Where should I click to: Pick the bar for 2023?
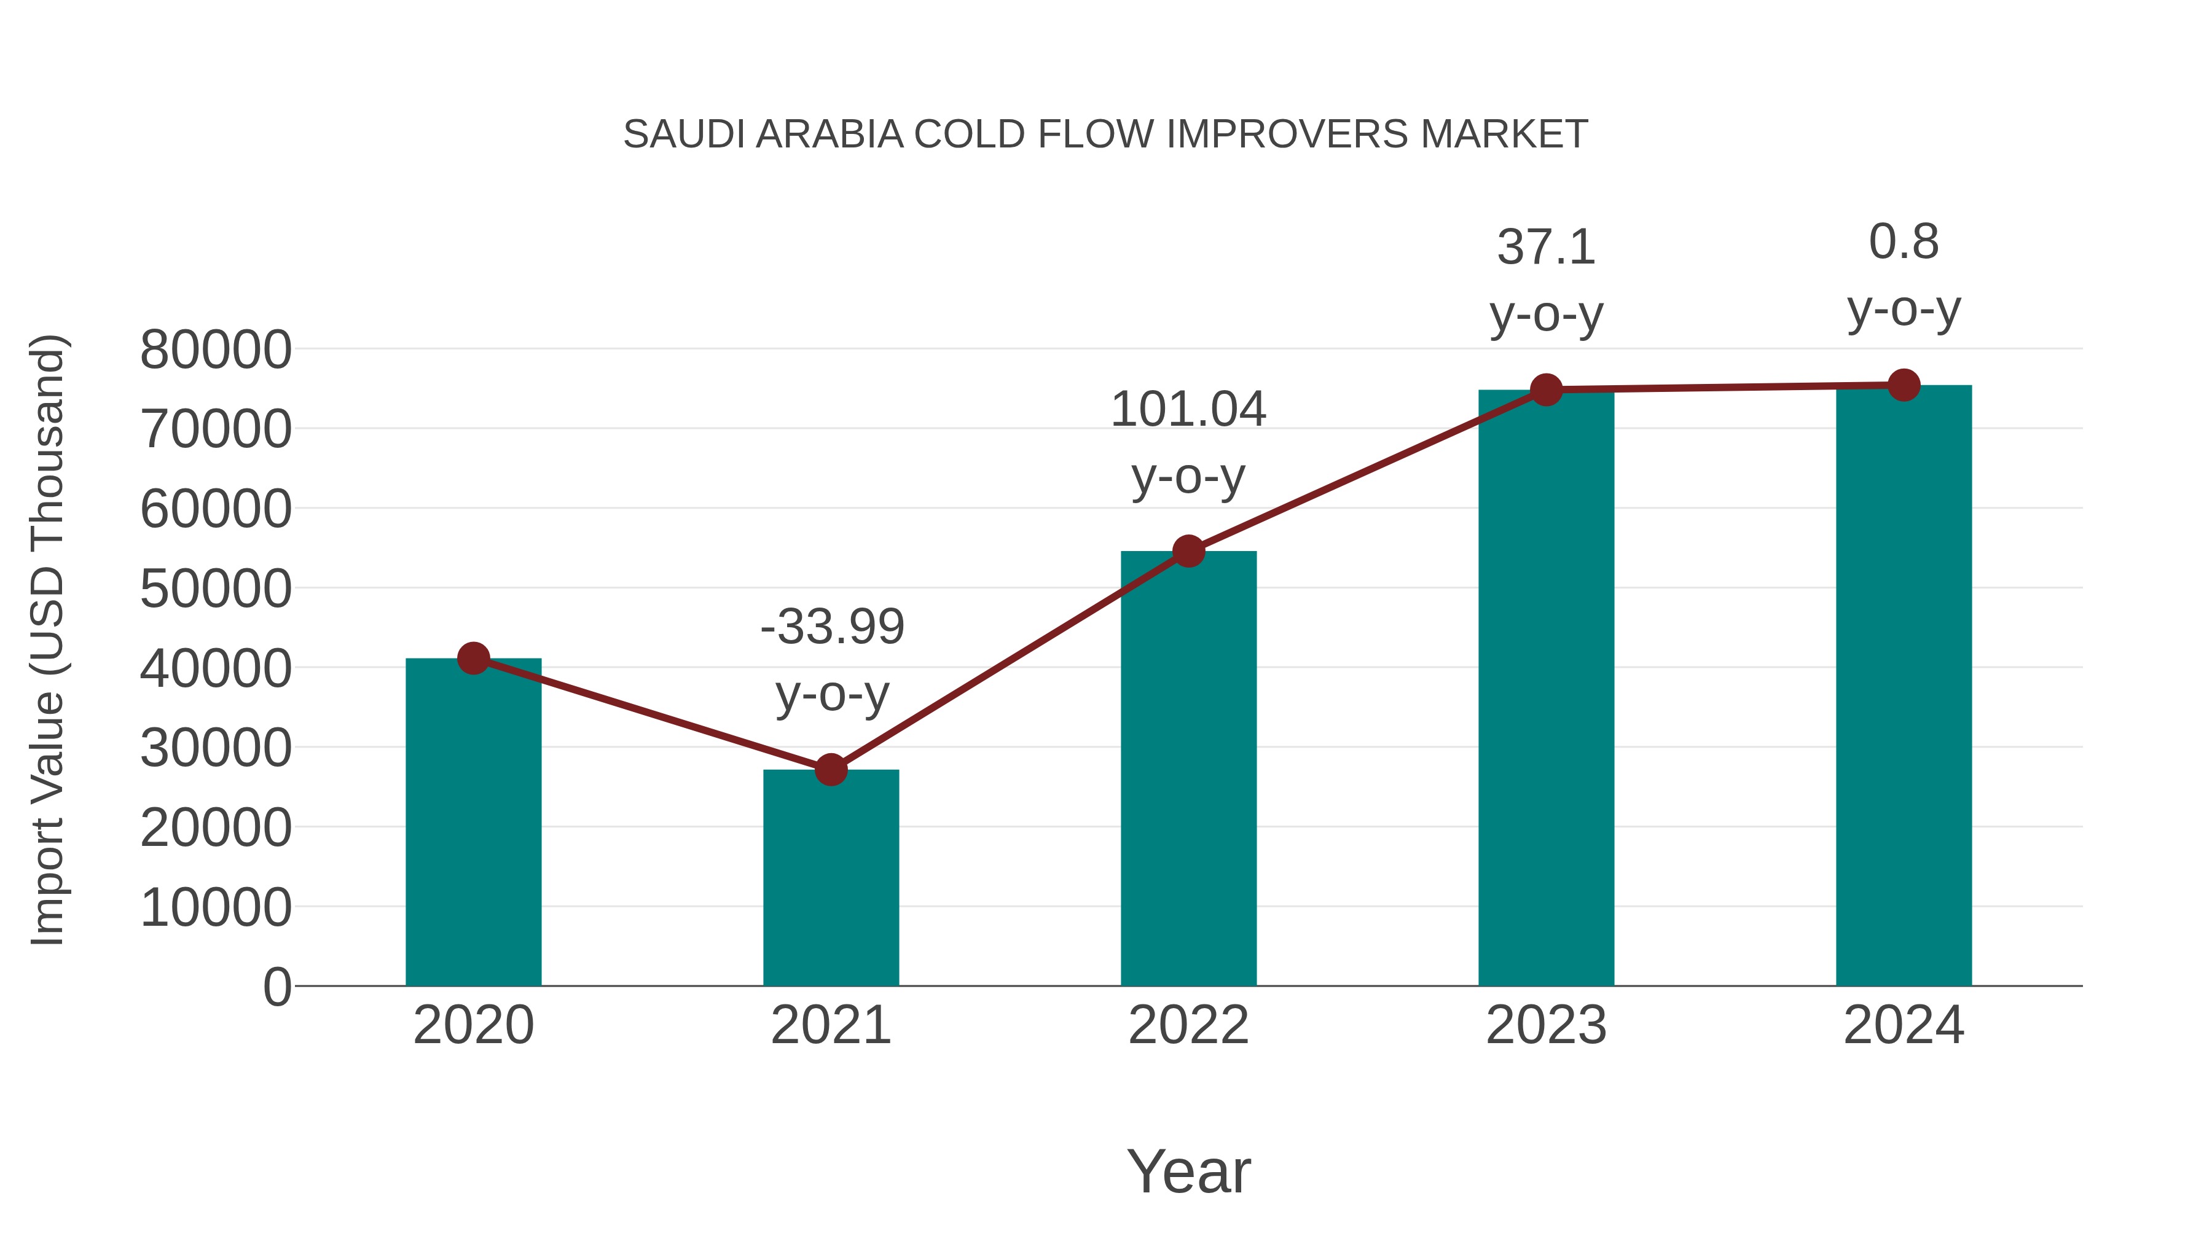point(1546,687)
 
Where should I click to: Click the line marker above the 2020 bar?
point(473,659)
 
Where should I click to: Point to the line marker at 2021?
point(830,770)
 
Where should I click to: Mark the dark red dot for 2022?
point(1188,551)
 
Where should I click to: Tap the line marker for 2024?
point(1904,385)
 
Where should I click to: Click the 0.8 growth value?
point(1904,241)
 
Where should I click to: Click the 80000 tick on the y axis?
point(216,350)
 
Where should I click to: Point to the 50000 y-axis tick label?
point(216,589)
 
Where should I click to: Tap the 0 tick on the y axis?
point(276,987)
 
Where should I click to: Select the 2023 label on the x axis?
point(1546,1025)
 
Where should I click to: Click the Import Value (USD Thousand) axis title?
point(47,640)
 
